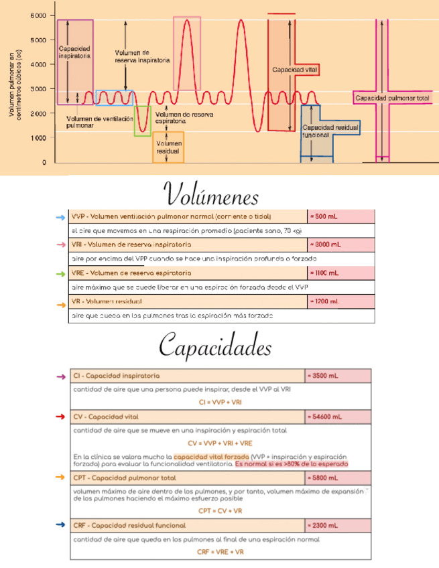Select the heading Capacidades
[x=215, y=347]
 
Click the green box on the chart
[x=143, y=121]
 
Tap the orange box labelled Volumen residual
[x=168, y=147]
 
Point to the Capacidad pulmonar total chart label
[x=392, y=98]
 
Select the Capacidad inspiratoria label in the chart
[x=74, y=52]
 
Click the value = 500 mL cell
[x=340, y=217]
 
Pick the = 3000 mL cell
[x=340, y=245]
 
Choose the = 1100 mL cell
[x=340, y=273]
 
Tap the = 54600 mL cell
[x=337, y=417]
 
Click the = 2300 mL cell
[x=337, y=525]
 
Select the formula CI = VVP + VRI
[x=221, y=402]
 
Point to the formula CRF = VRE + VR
[x=221, y=551]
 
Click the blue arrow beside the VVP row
[x=60, y=218]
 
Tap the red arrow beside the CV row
[x=60, y=417]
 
